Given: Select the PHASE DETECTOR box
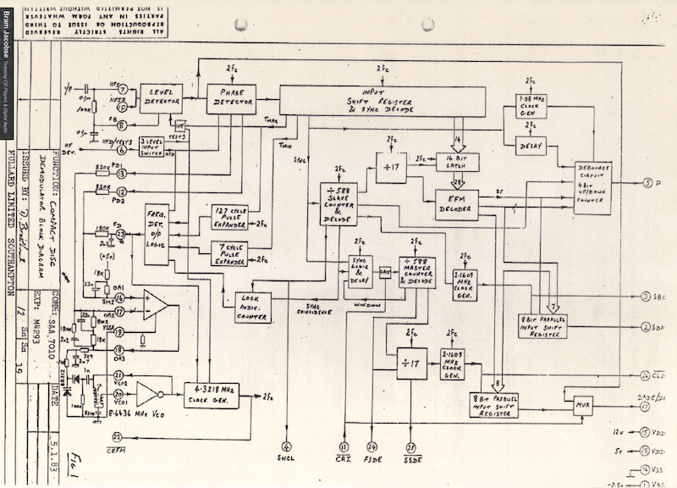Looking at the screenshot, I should (x=231, y=98).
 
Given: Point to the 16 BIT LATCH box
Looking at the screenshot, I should (x=458, y=162).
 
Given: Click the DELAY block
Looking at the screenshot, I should (x=524, y=146).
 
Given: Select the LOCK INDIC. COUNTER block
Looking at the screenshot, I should (x=253, y=307).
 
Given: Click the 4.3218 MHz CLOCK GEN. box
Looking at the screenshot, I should (x=212, y=395).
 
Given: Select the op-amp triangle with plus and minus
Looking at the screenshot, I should (x=155, y=305).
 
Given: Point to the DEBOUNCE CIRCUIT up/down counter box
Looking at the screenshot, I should (x=592, y=186).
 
